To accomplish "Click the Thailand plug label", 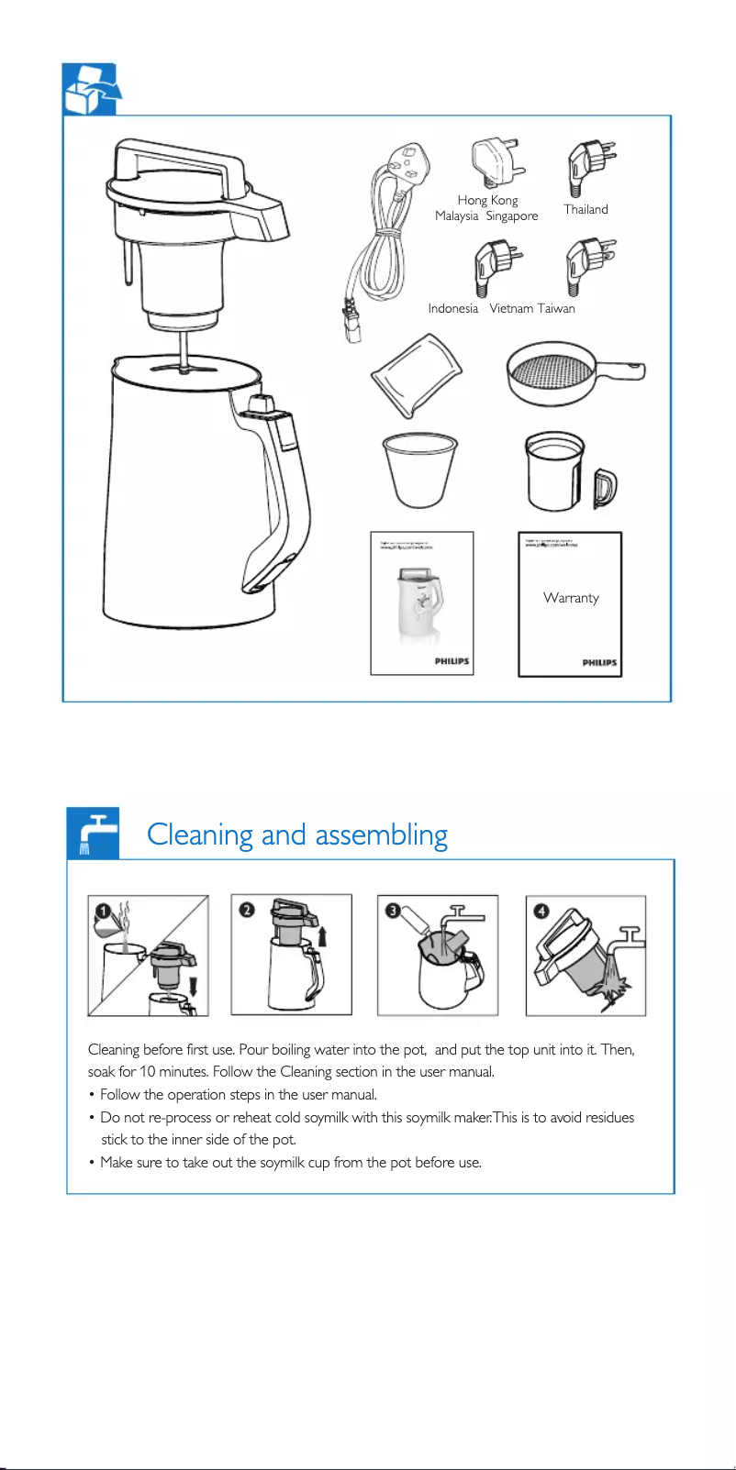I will [x=585, y=209].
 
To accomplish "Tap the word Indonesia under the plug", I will [x=452, y=308].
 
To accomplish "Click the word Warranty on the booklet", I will [x=571, y=598].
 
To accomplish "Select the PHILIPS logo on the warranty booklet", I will [x=599, y=662].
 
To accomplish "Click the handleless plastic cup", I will [x=418, y=468].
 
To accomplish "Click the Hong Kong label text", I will [x=487, y=200].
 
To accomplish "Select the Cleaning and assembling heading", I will [x=297, y=834].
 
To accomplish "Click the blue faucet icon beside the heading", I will [x=93, y=833].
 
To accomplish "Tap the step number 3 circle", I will [x=392, y=911].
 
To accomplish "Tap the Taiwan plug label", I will [x=556, y=308].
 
